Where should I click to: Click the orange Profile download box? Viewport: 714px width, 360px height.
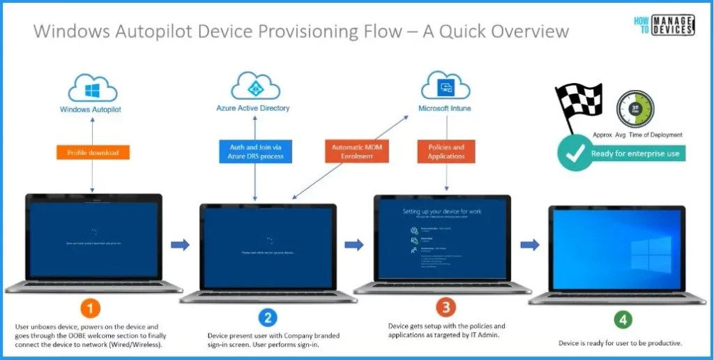pyautogui.click(x=93, y=152)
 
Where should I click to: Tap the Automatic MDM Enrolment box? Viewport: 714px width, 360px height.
pyautogui.click(x=356, y=151)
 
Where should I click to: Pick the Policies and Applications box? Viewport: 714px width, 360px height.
pyautogui.click(x=446, y=151)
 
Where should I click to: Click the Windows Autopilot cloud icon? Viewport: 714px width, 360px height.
pyautogui.click(x=93, y=89)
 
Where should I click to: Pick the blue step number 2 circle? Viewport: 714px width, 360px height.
pyautogui.click(x=268, y=317)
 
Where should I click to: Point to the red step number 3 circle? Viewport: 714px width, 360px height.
pyautogui.click(x=446, y=306)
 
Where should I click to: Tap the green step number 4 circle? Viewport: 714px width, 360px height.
pyautogui.click(x=623, y=320)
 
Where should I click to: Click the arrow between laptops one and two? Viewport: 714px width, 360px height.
pyautogui.click(x=181, y=244)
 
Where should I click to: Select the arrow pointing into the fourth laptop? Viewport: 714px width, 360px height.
pyautogui.click(x=531, y=244)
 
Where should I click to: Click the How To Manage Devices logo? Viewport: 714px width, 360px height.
pyautogui.click(x=664, y=25)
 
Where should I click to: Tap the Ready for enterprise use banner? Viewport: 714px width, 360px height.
pyautogui.click(x=635, y=153)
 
